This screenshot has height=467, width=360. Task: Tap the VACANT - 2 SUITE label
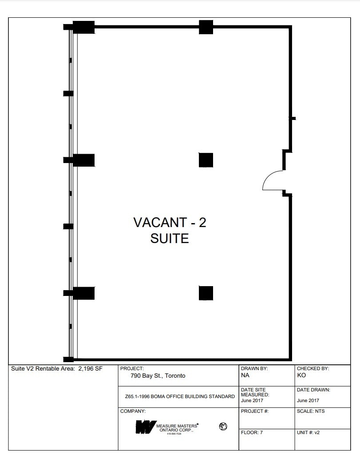point(170,230)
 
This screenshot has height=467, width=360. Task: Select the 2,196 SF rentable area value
point(91,368)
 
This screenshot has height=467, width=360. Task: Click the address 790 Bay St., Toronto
point(158,376)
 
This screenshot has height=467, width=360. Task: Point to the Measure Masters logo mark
point(145,427)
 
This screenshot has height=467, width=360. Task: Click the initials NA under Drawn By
point(245,375)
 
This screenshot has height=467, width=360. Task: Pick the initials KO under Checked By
point(301,375)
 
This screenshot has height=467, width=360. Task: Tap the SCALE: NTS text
point(311,411)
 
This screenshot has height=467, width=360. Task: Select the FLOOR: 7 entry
point(252,432)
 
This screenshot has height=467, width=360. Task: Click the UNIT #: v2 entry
point(308,432)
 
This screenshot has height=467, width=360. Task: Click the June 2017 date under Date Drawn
point(308,400)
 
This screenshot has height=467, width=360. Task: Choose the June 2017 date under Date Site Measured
point(252,400)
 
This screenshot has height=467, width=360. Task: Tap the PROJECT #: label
point(254,411)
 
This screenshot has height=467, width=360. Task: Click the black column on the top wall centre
point(206,27)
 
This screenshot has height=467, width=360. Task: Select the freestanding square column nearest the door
point(206,160)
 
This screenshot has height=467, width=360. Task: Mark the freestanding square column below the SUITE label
point(206,293)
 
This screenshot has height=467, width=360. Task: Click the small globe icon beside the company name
point(223,427)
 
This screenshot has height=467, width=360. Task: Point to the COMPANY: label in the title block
point(133,411)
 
